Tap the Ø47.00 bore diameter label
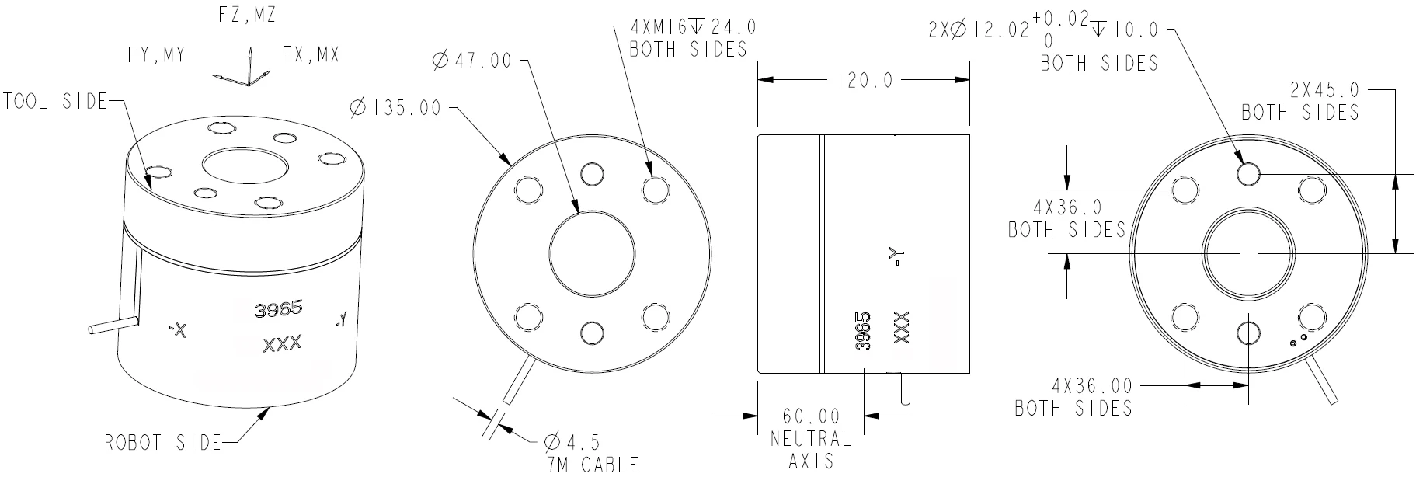pos(472,60)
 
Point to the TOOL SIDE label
pos(54,101)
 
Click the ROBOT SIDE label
pos(163,443)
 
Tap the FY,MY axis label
pos(157,56)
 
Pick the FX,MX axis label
pos(311,56)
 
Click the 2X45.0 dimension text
pos(1324,89)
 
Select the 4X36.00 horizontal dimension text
pos(1091,386)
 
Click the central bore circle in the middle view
pos(592,254)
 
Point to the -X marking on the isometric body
pos(178,331)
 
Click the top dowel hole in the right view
pos(1248,174)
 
